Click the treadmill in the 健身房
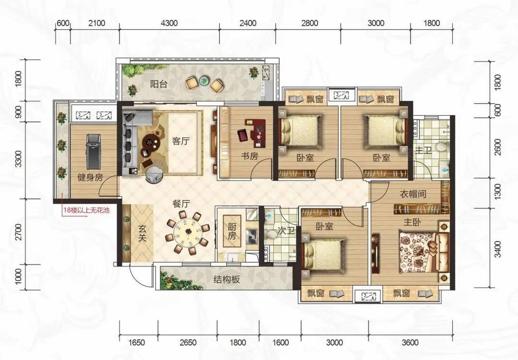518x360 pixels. click(x=93, y=152)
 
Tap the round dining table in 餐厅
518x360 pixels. click(x=188, y=232)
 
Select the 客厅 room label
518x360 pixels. click(x=181, y=141)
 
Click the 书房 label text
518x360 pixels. click(x=249, y=156)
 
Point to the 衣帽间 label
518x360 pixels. click(x=413, y=194)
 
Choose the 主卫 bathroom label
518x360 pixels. click(x=423, y=150)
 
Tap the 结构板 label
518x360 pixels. click(x=227, y=279)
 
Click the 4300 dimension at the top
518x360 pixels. click(x=169, y=23)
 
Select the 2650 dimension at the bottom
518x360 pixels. click(x=188, y=342)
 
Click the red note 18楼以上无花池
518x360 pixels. click(x=86, y=210)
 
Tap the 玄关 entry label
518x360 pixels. click(x=142, y=233)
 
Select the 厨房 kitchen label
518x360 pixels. click(x=232, y=231)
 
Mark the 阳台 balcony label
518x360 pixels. click(x=159, y=84)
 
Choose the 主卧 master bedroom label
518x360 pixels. click(x=412, y=222)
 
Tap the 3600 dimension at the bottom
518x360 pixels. click(x=410, y=342)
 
